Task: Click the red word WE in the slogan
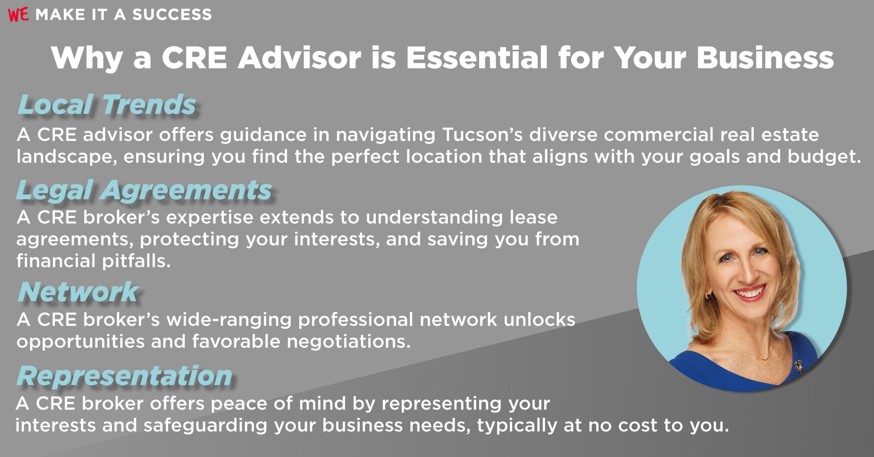[18, 15]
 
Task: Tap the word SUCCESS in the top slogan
[172, 15]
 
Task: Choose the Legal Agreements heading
[144, 190]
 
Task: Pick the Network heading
[78, 292]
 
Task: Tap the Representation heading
[125, 376]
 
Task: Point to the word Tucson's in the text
[482, 135]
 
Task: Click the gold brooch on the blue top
[798, 366]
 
